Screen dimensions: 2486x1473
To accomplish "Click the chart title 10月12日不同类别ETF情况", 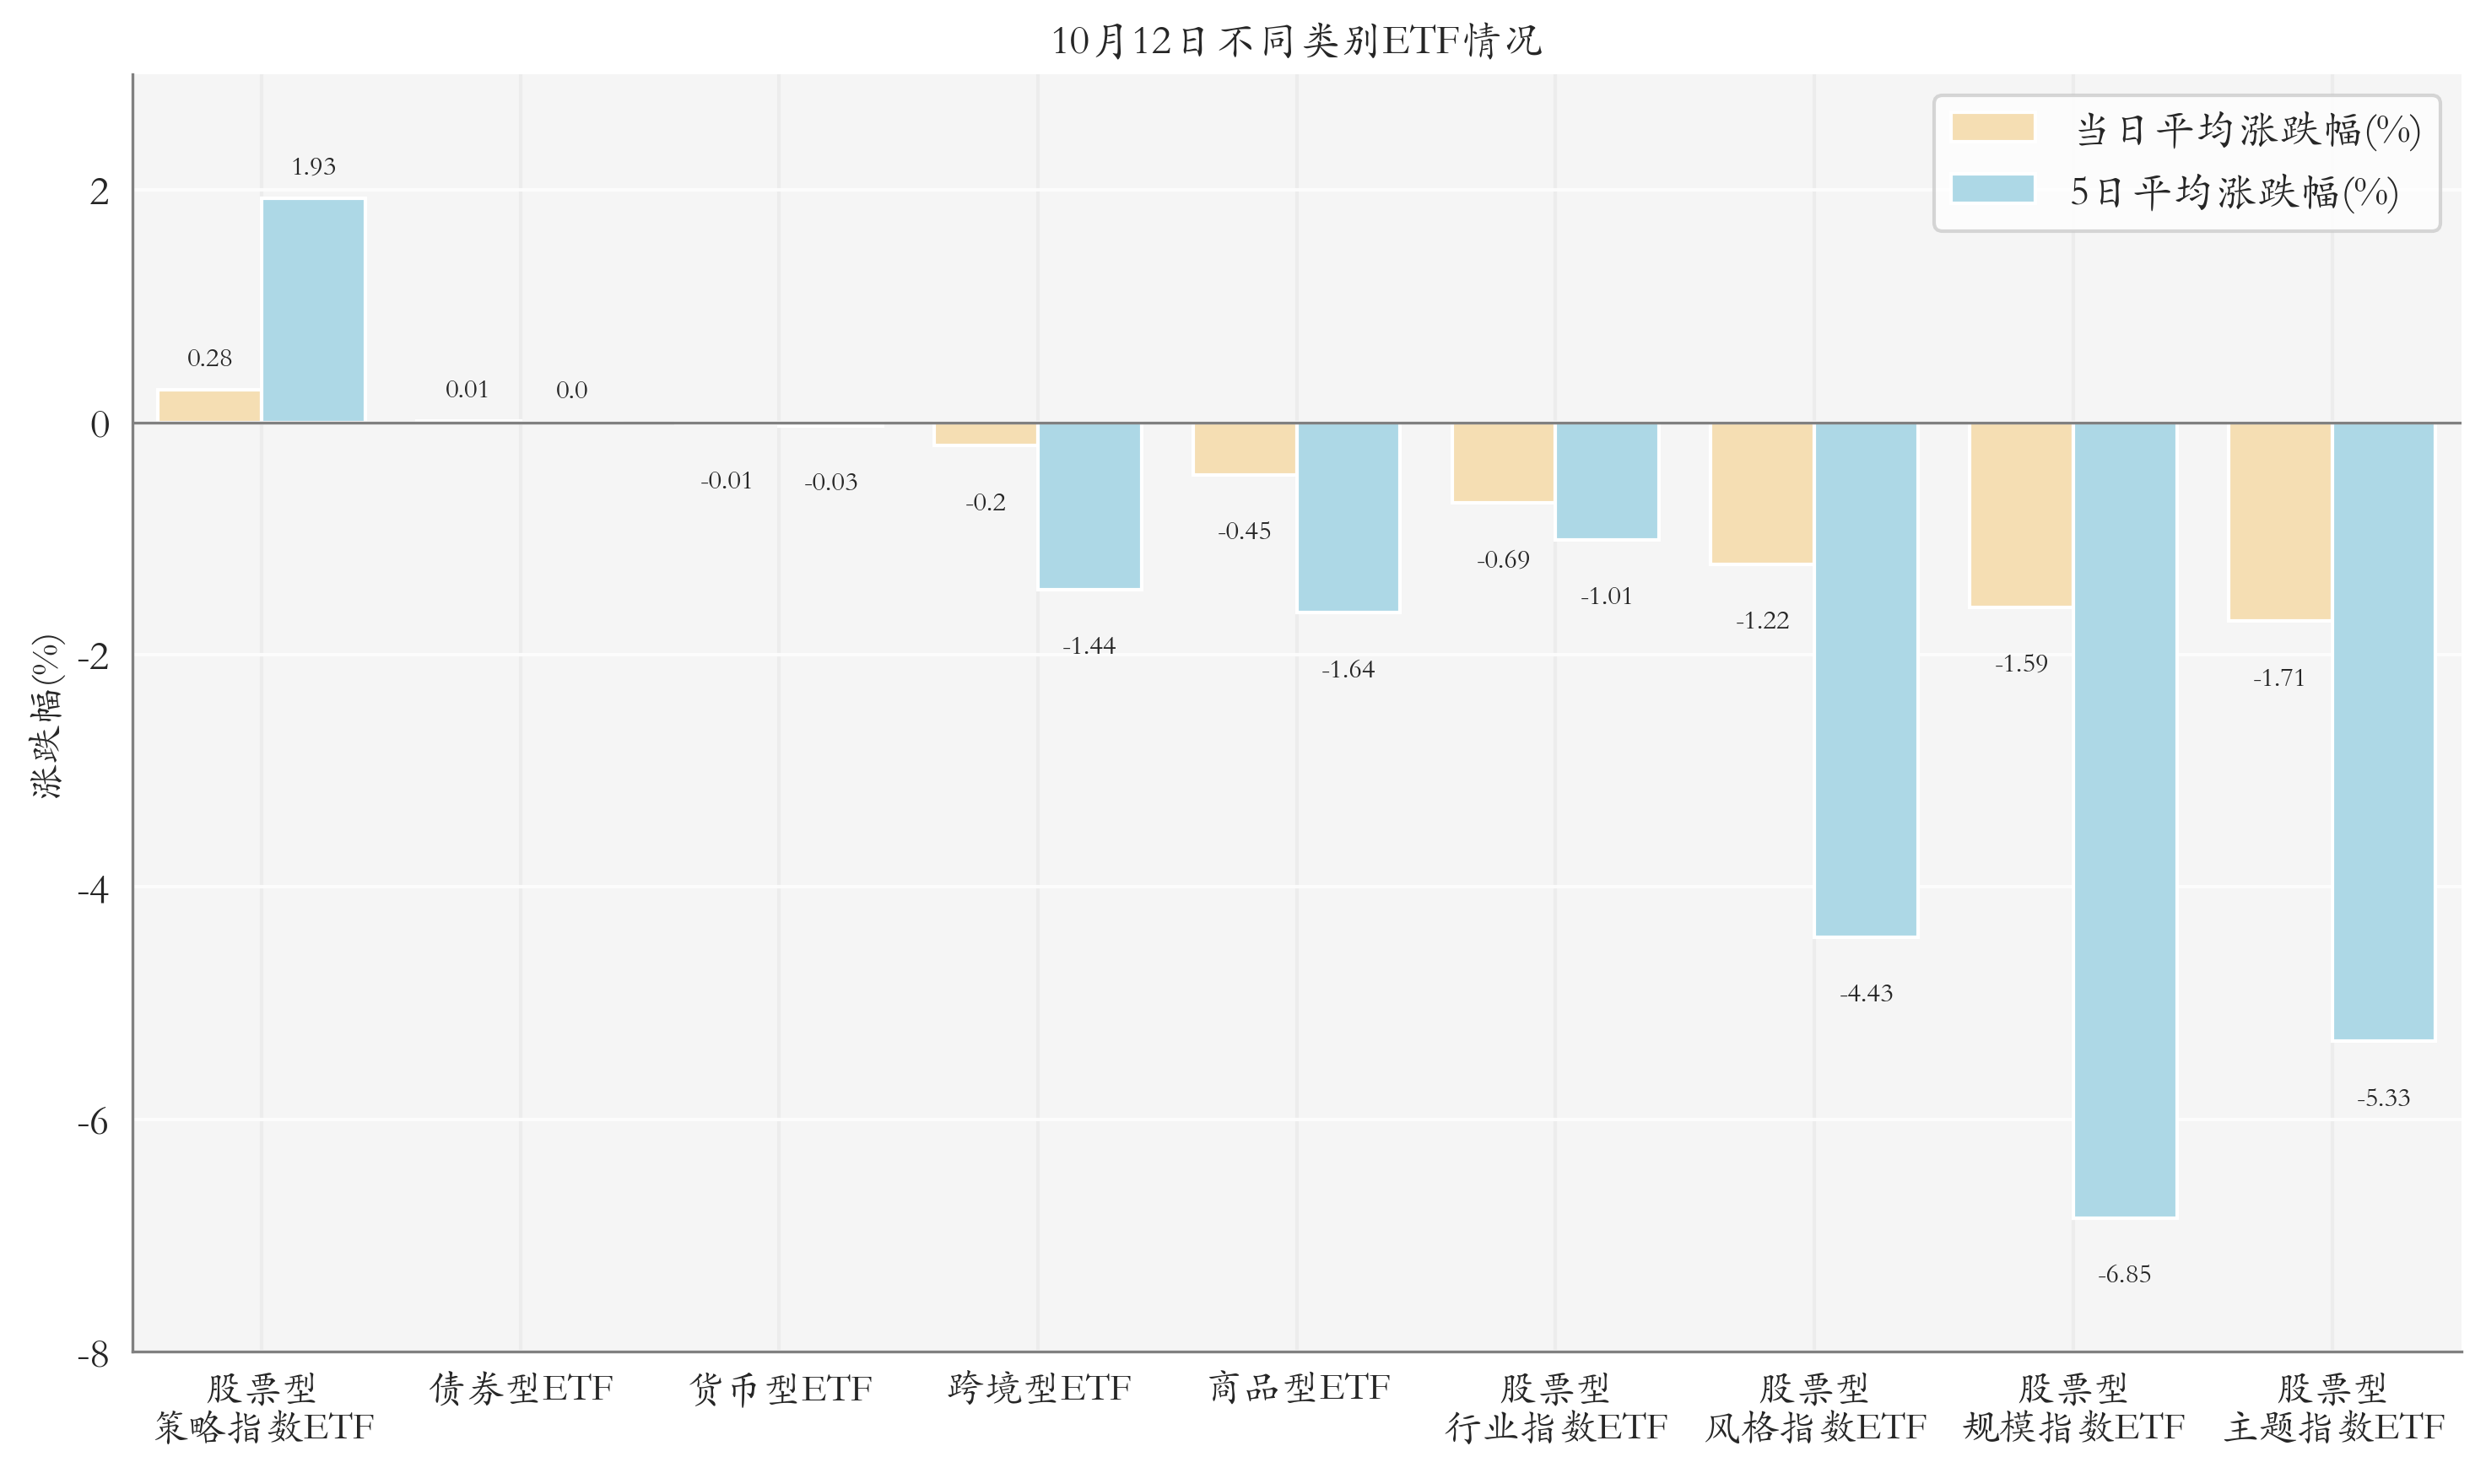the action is [x=1295, y=40].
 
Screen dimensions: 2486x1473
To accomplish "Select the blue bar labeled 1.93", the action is [x=314, y=310].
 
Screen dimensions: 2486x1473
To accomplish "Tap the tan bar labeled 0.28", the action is [x=209, y=406].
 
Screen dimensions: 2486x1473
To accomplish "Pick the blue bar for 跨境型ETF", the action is [x=1089, y=506].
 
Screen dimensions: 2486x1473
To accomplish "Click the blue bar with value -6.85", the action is [x=2125, y=820].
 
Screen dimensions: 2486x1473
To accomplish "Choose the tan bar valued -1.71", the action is [x=2279, y=522].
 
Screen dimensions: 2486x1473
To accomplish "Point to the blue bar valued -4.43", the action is [x=1866, y=680].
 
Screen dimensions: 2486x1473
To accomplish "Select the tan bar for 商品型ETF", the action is [x=1245, y=449].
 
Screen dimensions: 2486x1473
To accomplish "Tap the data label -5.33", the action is [x=2384, y=1098].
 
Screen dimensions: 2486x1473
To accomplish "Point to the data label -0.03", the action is [x=831, y=483].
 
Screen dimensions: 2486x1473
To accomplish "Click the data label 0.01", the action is [x=467, y=389].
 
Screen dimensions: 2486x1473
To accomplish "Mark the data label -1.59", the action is [x=2021, y=663].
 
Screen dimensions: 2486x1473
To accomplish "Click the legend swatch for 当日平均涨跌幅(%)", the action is [x=1992, y=127].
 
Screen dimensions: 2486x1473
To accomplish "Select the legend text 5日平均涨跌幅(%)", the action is [x=2234, y=192].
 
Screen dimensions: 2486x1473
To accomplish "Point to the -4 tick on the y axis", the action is [x=94, y=889].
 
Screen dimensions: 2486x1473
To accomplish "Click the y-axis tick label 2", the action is [x=100, y=192].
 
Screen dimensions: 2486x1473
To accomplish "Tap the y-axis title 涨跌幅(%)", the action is [x=46, y=715].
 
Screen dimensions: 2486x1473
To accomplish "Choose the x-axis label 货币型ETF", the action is [x=781, y=1388].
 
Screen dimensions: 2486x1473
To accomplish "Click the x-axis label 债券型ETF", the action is [x=522, y=1388].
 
